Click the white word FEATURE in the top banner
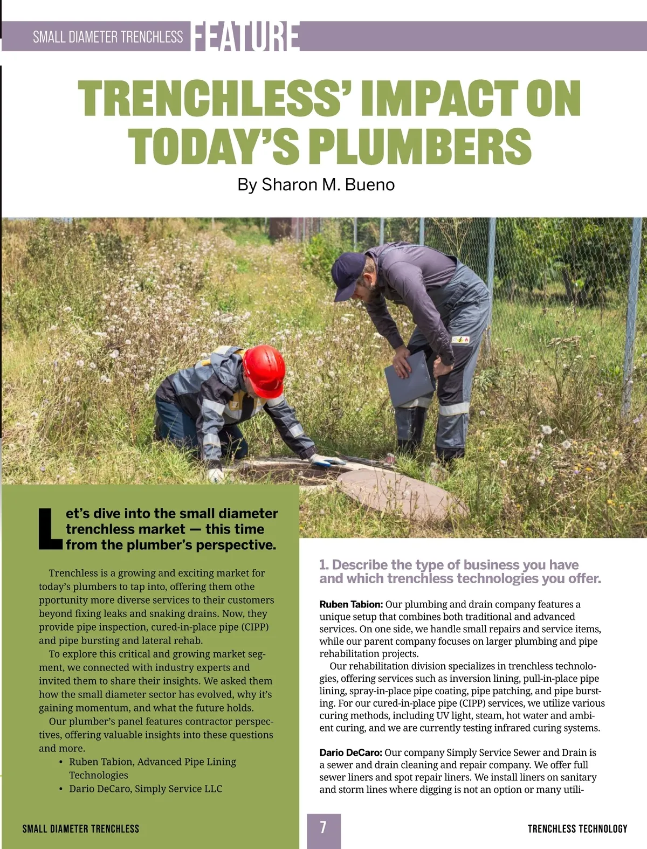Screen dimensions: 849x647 (x=245, y=37)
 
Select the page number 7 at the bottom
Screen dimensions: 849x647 (x=323, y=827)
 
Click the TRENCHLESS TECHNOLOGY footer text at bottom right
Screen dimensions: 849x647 (x=577, y=829)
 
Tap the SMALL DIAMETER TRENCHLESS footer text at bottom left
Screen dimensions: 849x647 (x=81, y=829)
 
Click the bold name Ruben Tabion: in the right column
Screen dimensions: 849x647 (x=351, y=604)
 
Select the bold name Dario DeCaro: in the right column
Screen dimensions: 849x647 (x=350, y=753)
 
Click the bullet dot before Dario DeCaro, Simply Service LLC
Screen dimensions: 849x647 (x=61, y=789)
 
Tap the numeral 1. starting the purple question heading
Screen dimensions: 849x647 (x=324, y=565)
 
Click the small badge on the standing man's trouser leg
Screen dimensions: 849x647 (x=460, y=340)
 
